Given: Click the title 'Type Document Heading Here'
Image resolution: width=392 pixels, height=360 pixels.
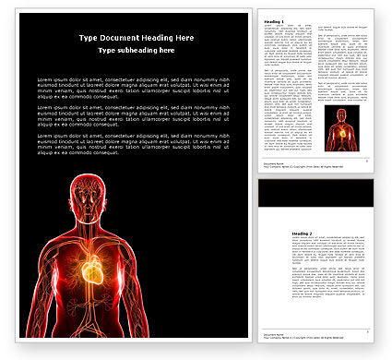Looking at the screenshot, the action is coord(137,37).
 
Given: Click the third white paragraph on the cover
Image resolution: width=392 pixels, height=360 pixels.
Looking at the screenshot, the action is coord(133,143).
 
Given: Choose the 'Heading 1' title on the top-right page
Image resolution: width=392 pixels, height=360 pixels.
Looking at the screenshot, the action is coord(275,20).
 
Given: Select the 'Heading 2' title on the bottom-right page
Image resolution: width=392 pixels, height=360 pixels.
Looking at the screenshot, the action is coord(275,234).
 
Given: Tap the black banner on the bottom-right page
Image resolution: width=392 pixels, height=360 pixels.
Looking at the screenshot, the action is coord(315,192).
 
